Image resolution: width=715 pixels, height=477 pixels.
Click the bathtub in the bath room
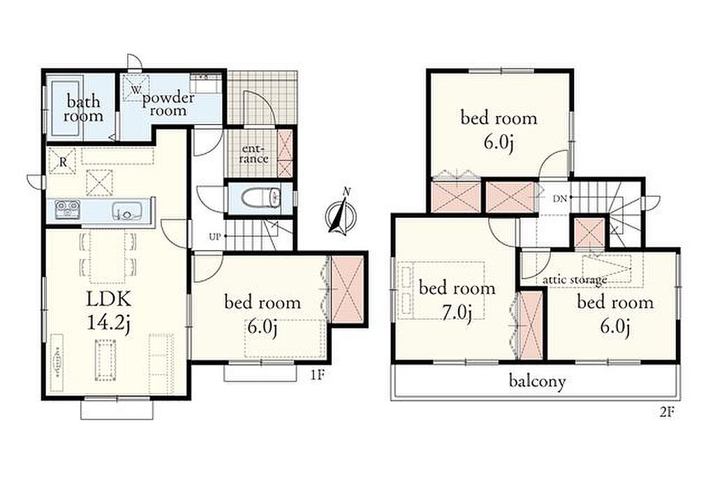coord(66,108)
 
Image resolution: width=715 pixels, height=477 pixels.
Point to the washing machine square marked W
coord(135,89)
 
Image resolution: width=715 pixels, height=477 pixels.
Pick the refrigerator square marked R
coord(62,161)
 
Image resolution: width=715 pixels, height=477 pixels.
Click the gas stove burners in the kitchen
coord(68,210)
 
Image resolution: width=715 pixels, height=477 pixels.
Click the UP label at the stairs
coord(214,237)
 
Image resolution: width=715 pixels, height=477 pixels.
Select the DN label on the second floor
coord(559,198)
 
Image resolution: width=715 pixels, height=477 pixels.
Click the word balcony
coord(537,381)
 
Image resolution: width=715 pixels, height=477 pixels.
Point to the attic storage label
coord(575,279)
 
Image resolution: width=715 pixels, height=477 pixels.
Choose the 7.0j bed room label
coord(457,300)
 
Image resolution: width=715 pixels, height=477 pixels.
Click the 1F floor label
coord(318,375)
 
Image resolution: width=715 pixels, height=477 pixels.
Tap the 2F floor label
coord(667,412)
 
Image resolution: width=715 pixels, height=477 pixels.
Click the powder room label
coord(168,105)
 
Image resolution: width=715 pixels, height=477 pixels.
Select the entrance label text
coord(254,154)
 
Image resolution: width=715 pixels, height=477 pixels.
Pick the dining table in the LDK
coord(108,256)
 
